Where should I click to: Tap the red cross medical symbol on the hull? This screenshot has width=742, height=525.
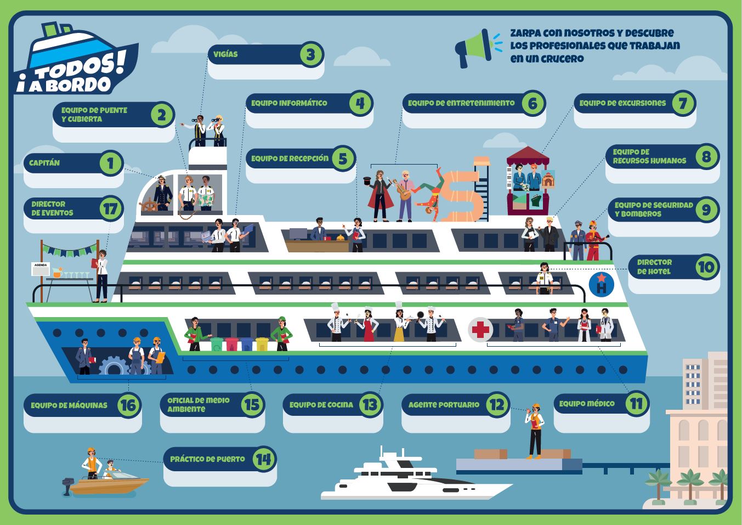coord(480,330)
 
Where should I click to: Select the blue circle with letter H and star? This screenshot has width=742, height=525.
coord(601,284)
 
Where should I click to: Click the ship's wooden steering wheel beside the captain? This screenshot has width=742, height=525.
coord(148,206)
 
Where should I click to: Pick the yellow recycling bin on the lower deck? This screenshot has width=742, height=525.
coord(262,344)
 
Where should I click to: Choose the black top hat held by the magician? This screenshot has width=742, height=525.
coord(367,181)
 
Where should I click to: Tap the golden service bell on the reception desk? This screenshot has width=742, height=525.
coord(341,238)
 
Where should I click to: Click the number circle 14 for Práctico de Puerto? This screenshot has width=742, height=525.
coord(264,459)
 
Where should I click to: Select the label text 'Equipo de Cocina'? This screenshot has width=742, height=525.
coord(321,405)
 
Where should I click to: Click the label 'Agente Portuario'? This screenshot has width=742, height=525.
coord(444,405)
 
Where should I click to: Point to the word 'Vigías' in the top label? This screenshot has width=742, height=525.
coord(225,54)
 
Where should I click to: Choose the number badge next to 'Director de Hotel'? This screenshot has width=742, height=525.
coord(706,267)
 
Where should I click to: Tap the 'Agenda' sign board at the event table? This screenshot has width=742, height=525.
coord(41,269)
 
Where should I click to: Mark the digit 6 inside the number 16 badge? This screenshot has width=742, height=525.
coord(132,405)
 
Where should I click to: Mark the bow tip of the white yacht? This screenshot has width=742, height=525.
coord(512,484)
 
